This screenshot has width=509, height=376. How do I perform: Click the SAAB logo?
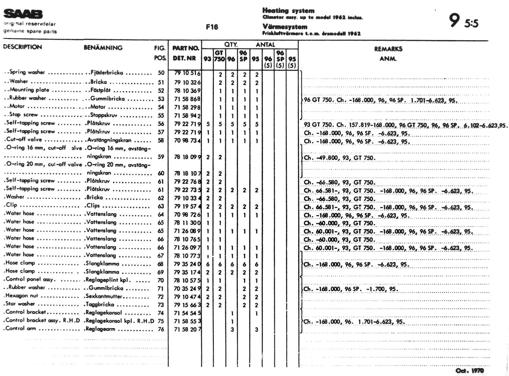pos(23,14)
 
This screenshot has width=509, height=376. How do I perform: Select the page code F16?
pos(212,27)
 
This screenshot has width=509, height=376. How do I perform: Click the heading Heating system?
pos(288,11)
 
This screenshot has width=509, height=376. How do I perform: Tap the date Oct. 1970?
pos(469,370)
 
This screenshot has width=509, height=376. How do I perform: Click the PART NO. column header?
pos(186,48)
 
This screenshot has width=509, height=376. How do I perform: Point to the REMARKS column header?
pos(388,49)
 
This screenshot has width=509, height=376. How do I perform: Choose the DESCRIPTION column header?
pos(22,47)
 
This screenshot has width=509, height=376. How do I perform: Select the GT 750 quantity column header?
pos(219,56)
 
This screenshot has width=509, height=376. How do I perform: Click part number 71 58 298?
pos(187,107)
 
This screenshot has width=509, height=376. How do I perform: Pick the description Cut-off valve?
pos(24,139)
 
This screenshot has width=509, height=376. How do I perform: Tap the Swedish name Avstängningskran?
pos(109,140)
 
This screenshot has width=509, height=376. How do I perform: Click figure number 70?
pos(161,280)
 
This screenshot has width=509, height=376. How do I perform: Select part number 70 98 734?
pos(187,140)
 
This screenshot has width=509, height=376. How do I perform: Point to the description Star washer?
pos(20,304)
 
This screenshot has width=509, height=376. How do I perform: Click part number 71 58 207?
pos(187,329)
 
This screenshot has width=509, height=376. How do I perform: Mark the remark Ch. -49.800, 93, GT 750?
pos(339,158)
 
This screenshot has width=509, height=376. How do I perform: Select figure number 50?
pos(161,73)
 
